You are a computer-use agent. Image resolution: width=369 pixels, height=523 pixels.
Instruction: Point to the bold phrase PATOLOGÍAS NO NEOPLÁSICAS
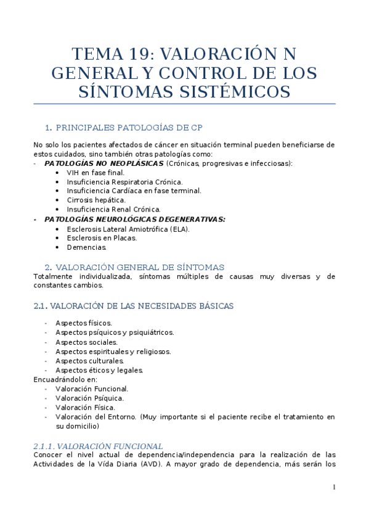tap(104, 163)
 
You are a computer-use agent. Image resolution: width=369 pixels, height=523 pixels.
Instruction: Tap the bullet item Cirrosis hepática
tap(96, 200)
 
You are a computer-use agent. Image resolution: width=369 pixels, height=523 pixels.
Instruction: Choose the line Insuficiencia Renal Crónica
tap(114, 209)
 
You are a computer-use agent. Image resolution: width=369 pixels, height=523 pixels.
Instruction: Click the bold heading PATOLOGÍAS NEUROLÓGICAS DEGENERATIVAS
tap(135, 219)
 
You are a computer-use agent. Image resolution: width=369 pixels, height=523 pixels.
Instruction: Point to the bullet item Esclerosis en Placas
tap(102, 238)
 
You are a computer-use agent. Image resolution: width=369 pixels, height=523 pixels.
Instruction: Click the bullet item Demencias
tap(87, 247)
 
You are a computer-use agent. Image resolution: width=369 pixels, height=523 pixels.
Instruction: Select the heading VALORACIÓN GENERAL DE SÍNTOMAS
tap(140, 266)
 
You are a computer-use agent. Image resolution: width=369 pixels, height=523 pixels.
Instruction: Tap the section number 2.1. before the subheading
tap(40, 305)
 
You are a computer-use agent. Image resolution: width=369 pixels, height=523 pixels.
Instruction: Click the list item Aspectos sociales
tap(86, 342)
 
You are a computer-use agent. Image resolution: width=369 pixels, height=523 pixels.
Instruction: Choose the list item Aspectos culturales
tap(90, 360)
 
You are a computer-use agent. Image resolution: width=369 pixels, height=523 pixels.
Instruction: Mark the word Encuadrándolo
tap(60, 379)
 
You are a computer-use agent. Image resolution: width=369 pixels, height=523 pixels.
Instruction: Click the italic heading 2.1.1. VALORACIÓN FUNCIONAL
tap(97, 446)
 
